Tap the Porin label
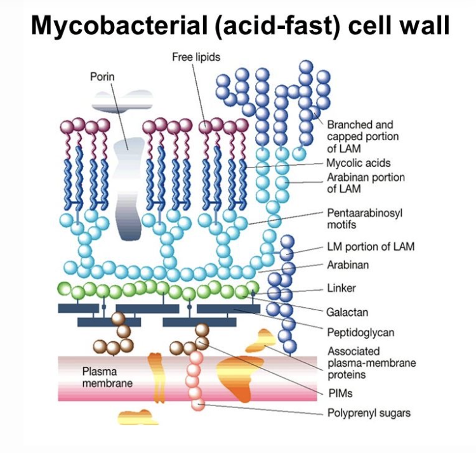[x=102, y=77]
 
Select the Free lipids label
[x=196, y=57]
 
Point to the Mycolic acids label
[x=359, y=163]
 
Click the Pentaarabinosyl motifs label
[x=364, y=218]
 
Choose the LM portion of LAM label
[x=370, y=246]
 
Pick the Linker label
[x=341, y=288]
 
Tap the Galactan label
[x=347, y=312]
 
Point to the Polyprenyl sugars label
[x=369, y=413]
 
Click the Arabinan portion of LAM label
[x=366, y=183]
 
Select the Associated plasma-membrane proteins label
[x=371, y=363]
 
